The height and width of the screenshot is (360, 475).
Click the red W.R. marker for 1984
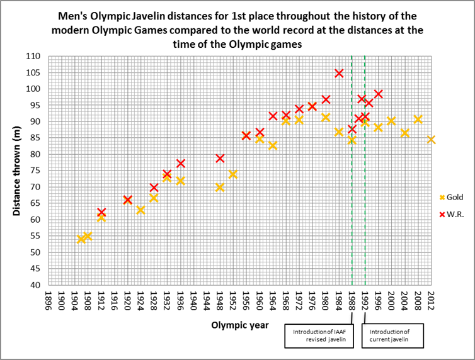pyautogui.click(x=339, y=73)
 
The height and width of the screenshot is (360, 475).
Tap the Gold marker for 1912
pyautogui.click(x=101, y=217)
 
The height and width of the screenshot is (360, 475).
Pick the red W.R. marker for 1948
pyautogui.click(x=220, y=158)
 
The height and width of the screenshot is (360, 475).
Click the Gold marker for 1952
pyautogui.click(x=233, y=174)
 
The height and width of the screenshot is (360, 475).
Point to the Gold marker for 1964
pyautogui.click(x=273, y=145)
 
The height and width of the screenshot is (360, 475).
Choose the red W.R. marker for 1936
pyautogui.click(x=180, y=163)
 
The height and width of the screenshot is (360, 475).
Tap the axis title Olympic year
pyautogui.click(x=240, y=325)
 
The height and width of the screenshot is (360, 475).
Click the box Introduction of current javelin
pyautogui.click(x=392, y=335)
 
